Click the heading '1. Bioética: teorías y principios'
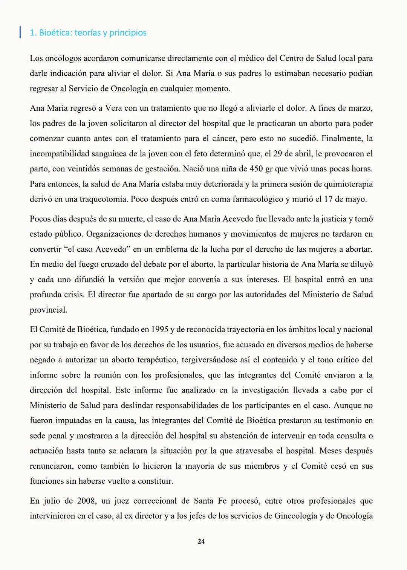point(88,33)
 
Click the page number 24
point(201,541)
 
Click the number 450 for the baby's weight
point(256,169)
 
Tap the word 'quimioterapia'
point(348,184)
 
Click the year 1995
point(159,330)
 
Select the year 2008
point(86,501)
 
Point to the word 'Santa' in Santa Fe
point(203,501)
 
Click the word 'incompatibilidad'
point(60,154)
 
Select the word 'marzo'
point(360,108)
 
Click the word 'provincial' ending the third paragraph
point(48,310)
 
